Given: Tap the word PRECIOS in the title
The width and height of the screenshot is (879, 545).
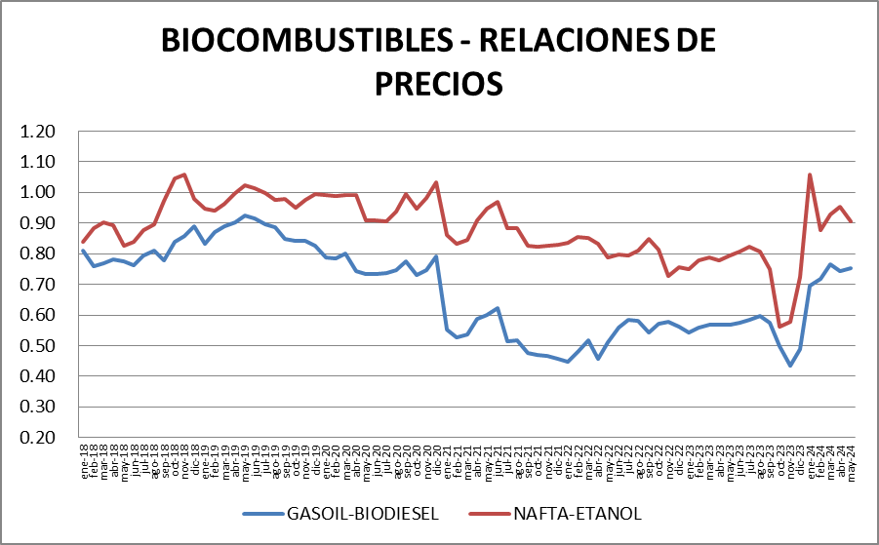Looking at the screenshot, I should [x=438, y=82].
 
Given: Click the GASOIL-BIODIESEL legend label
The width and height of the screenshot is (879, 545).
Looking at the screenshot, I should [x=362, y=513].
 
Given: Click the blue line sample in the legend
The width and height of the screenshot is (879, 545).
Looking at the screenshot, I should [x=264, y=513].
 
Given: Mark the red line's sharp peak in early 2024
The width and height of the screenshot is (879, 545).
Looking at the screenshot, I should [x=810, y=175].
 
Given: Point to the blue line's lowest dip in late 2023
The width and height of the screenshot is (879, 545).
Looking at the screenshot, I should [x=790, y=365].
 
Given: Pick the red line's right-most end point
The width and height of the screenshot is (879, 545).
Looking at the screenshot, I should [x=852, y=222].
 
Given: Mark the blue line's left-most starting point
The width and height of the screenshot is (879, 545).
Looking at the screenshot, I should [x=83, y=251].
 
